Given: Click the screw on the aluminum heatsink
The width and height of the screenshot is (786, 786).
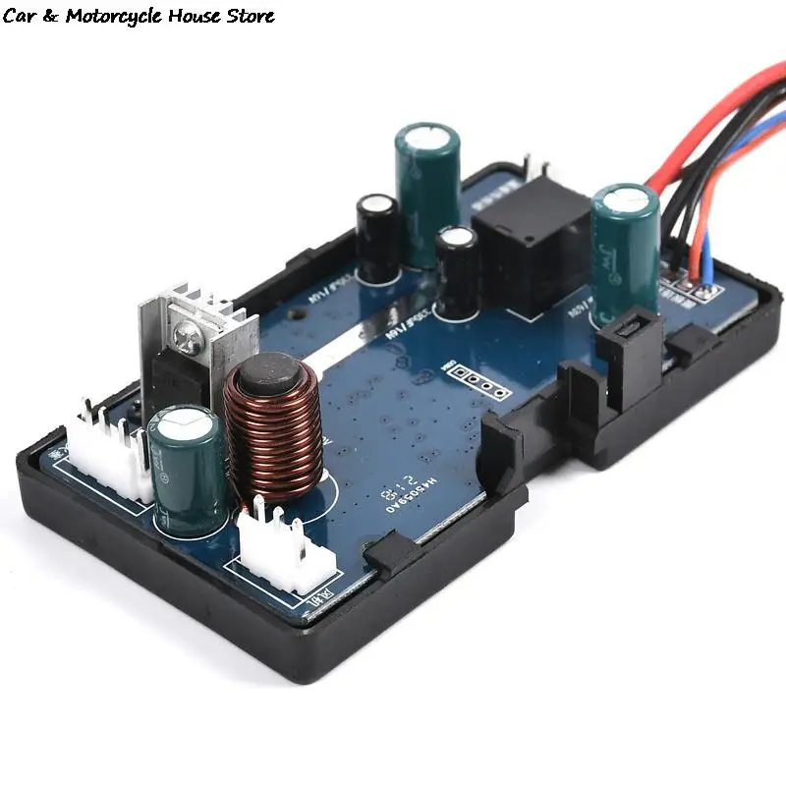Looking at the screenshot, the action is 187,337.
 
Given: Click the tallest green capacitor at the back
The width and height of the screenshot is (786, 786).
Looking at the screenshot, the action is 427,192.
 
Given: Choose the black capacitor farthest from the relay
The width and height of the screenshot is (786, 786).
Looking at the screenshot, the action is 378,236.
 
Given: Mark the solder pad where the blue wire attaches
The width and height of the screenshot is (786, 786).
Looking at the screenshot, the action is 703,291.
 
